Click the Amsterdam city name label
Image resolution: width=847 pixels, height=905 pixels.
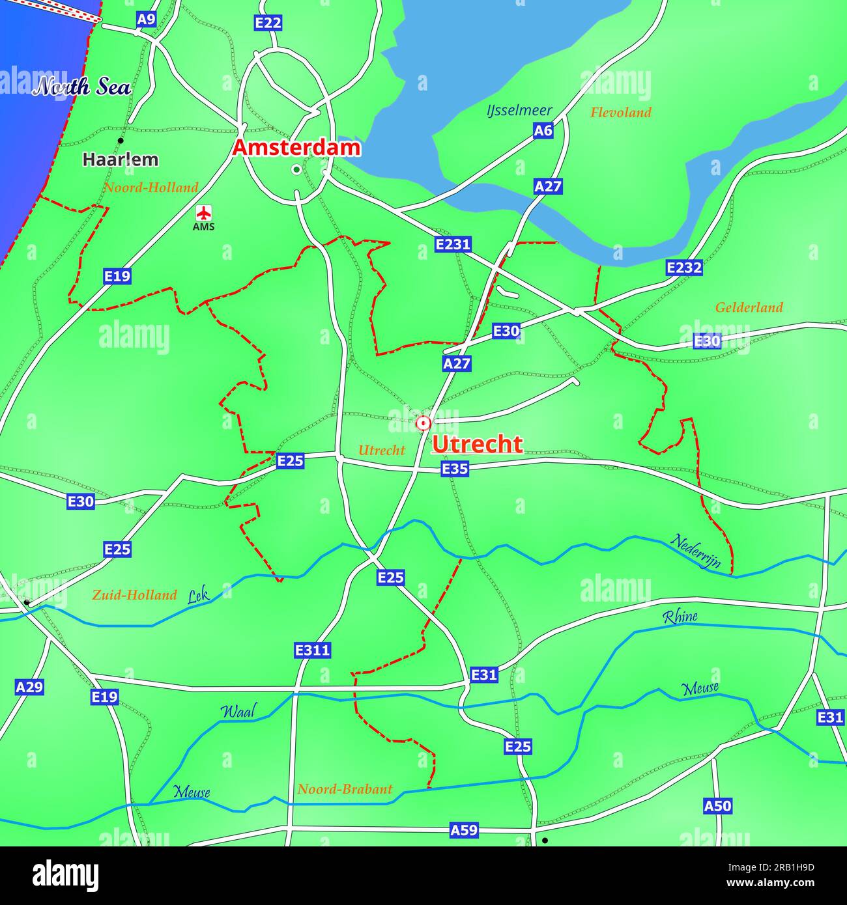(x=296, y=148)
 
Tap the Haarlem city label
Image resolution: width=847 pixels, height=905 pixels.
(x=121, y=160)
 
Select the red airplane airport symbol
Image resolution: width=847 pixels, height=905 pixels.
(x=204, y=212)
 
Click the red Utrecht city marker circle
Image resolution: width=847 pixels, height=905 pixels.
(x=423, y=424)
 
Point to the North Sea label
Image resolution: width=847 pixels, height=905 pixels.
(x=82, y=87)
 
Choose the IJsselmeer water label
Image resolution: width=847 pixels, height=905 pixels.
(x=519, y=111)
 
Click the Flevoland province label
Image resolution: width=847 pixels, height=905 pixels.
(x=620, y=113)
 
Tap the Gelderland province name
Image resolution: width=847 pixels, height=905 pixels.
(x=749, y=307)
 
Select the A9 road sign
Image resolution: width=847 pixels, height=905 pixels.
(x=146, y=20)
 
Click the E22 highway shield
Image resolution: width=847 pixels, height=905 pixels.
(x=268, y=23)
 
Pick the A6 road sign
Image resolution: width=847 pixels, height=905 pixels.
(x=543, y=131)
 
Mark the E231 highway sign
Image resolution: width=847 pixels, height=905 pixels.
(x=453, y=244)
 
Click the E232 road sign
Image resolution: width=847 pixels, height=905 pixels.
(x=684, y=267)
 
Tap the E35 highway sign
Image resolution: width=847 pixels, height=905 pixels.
(x=455, y=468)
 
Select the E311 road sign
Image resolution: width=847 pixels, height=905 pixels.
(x=313, y=650)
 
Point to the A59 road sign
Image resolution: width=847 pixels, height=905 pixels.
(x=464, y=829)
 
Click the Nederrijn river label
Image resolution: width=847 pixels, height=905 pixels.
(x=696, y=551)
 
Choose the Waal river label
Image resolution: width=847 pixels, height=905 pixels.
(x=238, y=711)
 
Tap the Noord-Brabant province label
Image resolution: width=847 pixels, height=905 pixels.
(x=345, y=789)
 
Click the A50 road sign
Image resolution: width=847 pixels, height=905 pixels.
(x=717, y=806)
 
